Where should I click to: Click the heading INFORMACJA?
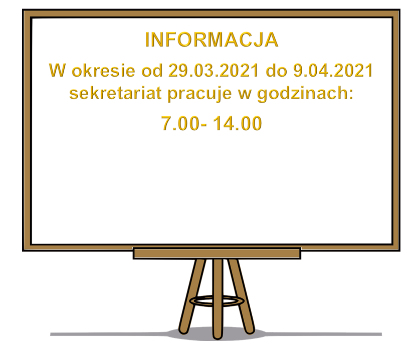coord(212,40)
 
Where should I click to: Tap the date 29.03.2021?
coord(214,71)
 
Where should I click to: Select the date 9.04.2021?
coord(333,71)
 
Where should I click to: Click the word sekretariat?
coord(115,93)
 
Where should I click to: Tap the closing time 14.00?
coord(238,123)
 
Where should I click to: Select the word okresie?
coord(103,71)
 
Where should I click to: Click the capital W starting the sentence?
coord(58,71)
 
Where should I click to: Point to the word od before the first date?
coord(152,71)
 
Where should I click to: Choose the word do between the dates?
coord(276,71)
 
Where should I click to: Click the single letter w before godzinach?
coord(245,95)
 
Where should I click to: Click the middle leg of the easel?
coord(218,299)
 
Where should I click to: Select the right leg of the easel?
coord(241,295)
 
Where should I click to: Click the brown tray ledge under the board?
coord(217,253)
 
